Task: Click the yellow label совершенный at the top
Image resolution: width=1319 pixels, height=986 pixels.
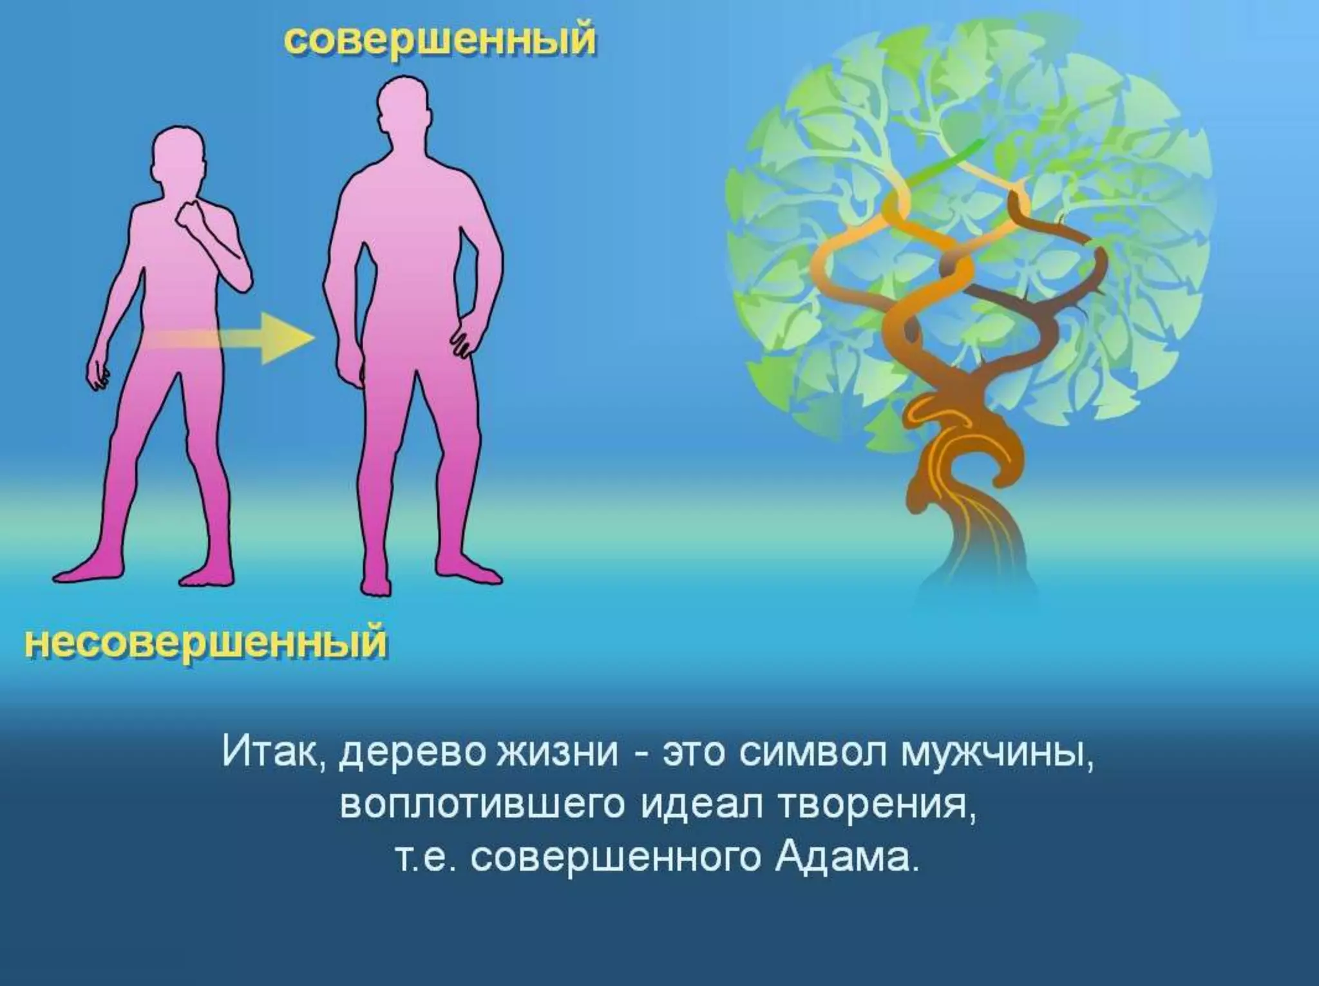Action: tap(439, 41)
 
